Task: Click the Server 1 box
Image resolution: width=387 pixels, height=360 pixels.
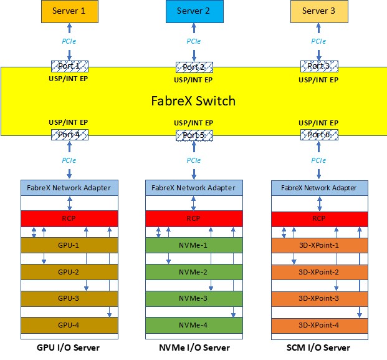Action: (69, 11)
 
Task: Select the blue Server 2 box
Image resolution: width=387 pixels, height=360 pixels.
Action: (193, 11)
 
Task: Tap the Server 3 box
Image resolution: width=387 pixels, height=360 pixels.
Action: (318, 11)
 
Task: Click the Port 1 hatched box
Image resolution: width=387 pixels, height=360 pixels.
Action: (69, 66)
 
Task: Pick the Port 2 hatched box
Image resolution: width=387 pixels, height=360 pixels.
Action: (194, 67)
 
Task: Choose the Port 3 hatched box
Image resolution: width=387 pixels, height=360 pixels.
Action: (319, 66)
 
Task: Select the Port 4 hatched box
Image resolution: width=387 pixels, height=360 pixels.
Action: (69, 134)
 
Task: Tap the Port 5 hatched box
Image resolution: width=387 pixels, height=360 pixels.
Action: (194, 135)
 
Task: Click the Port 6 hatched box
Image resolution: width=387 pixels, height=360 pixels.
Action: (319, 134)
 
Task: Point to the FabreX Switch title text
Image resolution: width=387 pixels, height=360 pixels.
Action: (193, 100)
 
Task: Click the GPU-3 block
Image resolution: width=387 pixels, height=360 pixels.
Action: (69, 299)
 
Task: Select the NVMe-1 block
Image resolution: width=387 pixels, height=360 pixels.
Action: (194, 245)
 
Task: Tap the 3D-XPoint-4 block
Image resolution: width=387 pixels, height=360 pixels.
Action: (318, 325)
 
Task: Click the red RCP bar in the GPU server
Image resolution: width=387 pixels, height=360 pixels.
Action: (69, 218)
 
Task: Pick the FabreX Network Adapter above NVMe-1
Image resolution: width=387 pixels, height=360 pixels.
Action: (194, 188)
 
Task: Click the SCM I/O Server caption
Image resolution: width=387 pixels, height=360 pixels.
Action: (318, 348)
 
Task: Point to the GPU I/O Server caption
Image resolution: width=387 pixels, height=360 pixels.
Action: (69, 348)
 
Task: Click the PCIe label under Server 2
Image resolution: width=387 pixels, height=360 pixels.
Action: (194, 41)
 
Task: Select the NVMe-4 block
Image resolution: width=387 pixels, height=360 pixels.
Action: (194, 325)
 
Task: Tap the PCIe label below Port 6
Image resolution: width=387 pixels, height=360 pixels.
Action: (319, 160)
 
